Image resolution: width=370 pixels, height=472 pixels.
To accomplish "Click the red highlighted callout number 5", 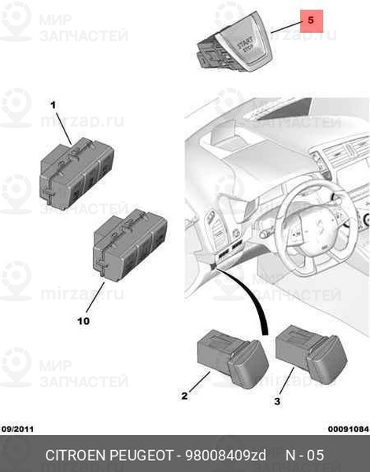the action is point(311,21).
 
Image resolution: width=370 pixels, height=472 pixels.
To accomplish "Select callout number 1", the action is point(53,105).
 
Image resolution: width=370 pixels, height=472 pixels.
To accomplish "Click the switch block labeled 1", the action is point(77,173).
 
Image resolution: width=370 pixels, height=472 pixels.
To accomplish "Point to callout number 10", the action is point(83,321).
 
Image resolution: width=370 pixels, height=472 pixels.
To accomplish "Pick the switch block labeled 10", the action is point(130,245).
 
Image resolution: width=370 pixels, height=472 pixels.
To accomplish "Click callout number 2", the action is point(184,396).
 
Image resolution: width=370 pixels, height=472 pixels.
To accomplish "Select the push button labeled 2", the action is point(232,359).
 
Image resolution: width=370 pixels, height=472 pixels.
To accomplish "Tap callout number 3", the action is point(277,401).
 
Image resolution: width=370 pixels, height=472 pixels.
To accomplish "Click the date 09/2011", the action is point(18,429).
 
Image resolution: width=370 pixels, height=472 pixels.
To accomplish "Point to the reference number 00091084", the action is point(349,429).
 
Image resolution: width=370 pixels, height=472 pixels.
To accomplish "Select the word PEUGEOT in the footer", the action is point(141,455).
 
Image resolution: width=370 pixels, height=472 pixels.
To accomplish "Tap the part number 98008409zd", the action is point(226,455).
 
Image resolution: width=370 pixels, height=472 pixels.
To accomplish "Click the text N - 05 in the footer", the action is point(305,455).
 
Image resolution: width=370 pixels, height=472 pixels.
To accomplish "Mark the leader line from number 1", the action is point(64,127).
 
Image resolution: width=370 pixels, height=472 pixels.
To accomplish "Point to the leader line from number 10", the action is point(95,297).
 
